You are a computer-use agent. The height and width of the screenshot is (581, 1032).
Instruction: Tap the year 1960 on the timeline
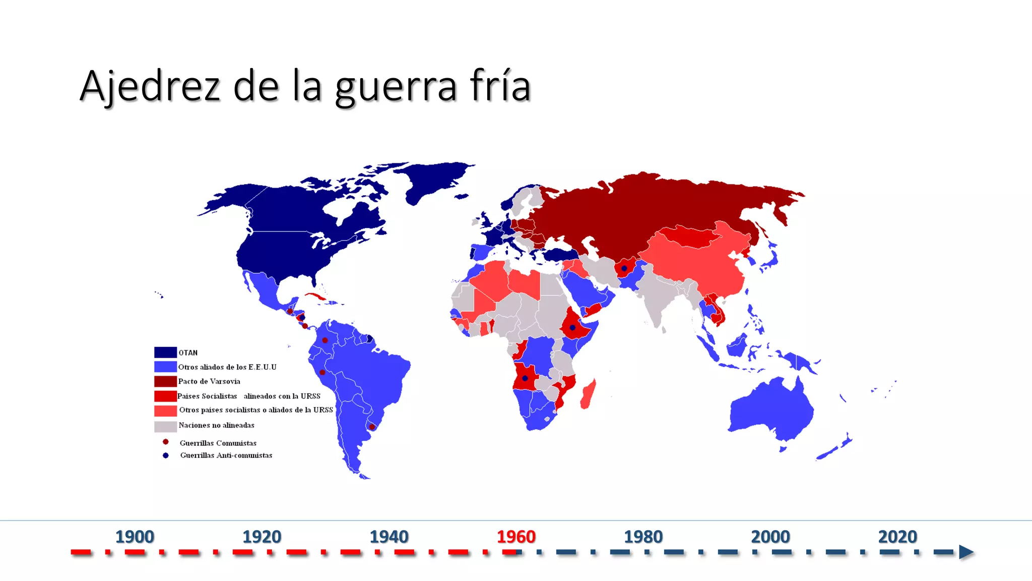[516, 537]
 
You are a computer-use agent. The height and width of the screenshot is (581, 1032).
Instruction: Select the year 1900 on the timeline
[135, 537]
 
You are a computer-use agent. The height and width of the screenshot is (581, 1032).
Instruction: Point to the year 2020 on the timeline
[897, 537]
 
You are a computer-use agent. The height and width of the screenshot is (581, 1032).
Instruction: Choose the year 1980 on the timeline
[643, 537]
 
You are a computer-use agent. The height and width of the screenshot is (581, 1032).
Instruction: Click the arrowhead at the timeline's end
[965, 552]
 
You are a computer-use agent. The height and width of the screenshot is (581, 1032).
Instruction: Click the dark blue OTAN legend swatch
[165, 353]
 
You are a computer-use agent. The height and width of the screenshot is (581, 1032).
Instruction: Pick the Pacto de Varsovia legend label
[209, 381]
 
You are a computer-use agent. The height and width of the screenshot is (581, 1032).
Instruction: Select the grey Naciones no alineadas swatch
[165, 426]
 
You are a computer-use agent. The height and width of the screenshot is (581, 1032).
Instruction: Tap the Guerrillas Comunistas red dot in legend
[165, 442]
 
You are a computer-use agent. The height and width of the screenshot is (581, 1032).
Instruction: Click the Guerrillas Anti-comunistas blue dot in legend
[165, 455]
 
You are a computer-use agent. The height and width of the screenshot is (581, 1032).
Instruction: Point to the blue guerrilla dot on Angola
[525, 378]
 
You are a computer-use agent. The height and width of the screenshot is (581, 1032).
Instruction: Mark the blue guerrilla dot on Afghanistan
[624, 268]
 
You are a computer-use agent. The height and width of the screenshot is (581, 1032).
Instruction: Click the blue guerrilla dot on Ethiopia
[572, 328]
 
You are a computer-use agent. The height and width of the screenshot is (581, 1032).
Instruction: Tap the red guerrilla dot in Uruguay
[372, 427]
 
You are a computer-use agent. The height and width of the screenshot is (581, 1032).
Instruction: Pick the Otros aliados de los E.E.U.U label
[227, 367]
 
